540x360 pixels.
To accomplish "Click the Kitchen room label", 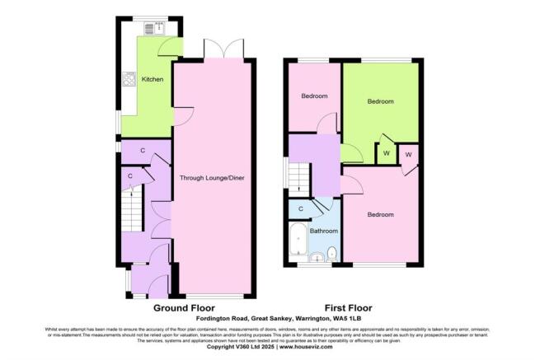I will [153, 79].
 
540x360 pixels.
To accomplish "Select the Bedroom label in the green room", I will [380, 101].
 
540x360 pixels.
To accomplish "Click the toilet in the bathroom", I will [332, 252].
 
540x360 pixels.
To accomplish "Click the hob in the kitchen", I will [129, 80].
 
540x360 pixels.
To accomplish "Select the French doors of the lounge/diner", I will [224, 49].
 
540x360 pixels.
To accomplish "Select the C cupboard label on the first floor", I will [301, 209].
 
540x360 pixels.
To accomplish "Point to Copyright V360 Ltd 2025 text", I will [236, 347].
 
